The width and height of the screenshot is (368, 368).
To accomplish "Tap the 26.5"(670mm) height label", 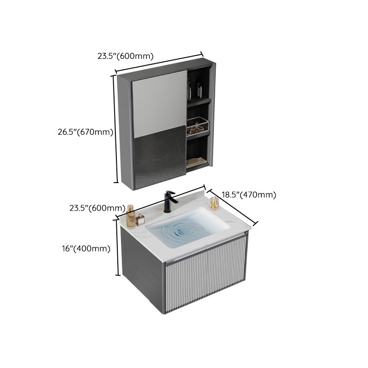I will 85,132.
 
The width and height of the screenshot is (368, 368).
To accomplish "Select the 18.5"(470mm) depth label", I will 249,195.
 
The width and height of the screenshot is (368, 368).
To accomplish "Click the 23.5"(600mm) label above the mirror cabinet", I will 125,56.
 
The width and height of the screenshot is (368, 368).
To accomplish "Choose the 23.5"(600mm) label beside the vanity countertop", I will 97,207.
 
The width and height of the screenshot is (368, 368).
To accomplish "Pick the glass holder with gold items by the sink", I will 214,203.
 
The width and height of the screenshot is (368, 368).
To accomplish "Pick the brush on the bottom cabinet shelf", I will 197,161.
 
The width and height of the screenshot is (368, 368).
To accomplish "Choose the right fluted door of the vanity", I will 226,271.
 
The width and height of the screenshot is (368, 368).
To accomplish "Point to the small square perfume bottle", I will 138,220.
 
